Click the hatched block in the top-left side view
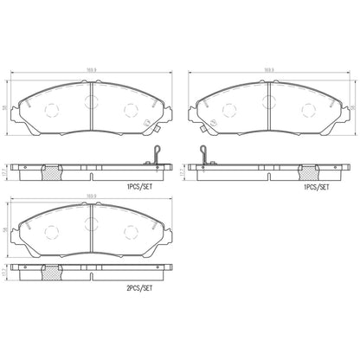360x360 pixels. pos(51,171)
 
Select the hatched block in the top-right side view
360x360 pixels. pos(306,171)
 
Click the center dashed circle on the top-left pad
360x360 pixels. pos(90,102)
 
